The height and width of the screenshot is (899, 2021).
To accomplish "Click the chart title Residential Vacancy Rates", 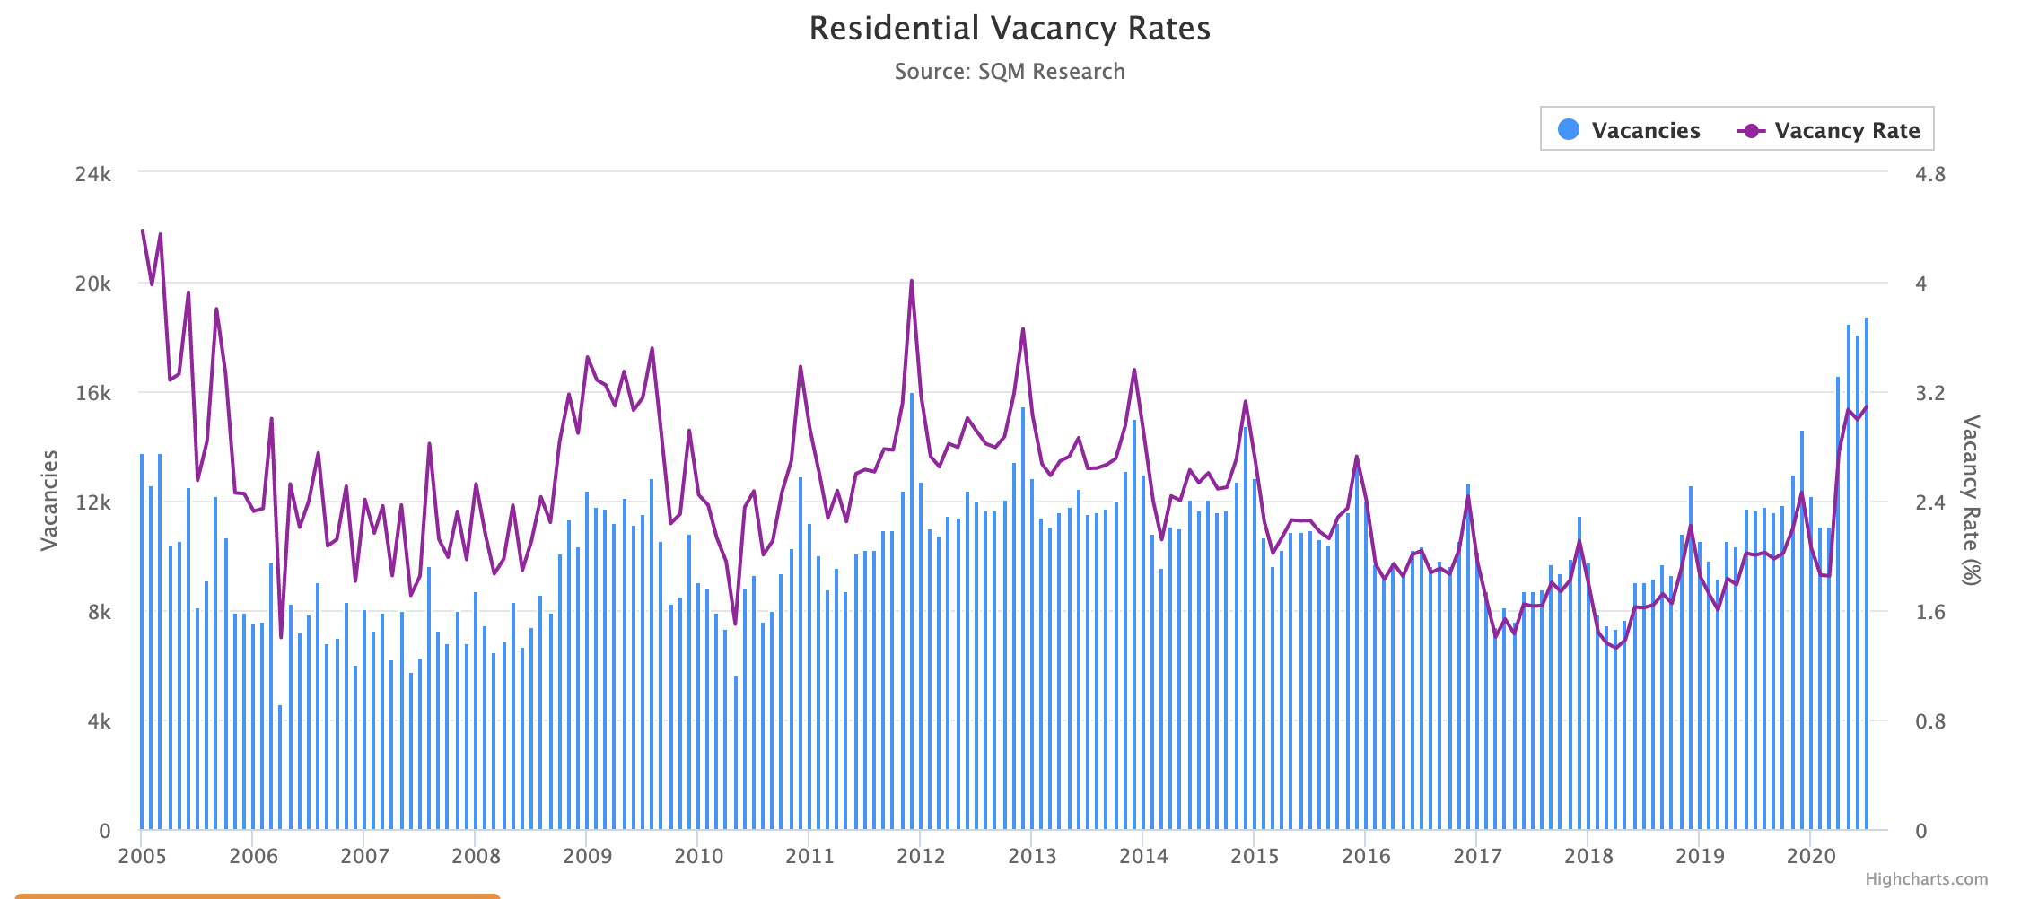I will [x=1010, y=29].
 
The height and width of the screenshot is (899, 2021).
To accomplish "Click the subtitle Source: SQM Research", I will [x=1010, y=72].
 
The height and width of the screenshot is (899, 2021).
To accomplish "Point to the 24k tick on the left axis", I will [x=93, y=174].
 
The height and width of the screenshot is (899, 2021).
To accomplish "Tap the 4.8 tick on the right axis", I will [x=1930, y=174].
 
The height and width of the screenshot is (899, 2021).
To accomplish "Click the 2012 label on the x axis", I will [x=921, y=856].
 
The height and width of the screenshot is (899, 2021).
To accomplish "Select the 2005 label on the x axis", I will [x=142, y=856].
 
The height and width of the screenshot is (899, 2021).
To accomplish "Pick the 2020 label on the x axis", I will [x=1811, y=856].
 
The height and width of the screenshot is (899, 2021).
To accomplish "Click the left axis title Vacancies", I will [x=50, y=500].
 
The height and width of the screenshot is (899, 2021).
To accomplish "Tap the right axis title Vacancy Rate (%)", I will [x=1971, y=500].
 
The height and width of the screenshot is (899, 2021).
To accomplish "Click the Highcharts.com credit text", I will [x=1926, y=879].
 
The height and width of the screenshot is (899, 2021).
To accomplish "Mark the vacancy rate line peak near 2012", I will [x=912, y=282].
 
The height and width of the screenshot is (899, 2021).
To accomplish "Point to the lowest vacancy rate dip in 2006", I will [x=281, y=637].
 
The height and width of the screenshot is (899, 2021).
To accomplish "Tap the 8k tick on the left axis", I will [x=99, y=613].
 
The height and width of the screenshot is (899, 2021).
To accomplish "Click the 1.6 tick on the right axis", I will [x=1930, y=613].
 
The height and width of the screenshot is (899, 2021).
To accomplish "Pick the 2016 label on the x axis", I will [x=1366, y=856].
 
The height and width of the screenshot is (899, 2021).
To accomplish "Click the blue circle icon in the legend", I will [x=1569, y=130].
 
